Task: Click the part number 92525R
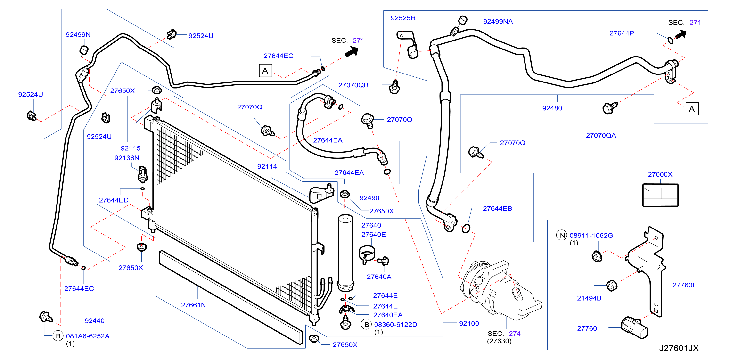[403, 18]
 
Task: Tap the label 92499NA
[498, 22]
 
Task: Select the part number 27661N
[193, 305]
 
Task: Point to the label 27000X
[660, 174]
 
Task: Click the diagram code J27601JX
[679, 348]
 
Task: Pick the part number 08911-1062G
[591, 235]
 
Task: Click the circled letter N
[562, 235]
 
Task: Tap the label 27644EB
[497, 208]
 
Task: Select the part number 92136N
[127, 158]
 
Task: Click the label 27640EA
[388, 315]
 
